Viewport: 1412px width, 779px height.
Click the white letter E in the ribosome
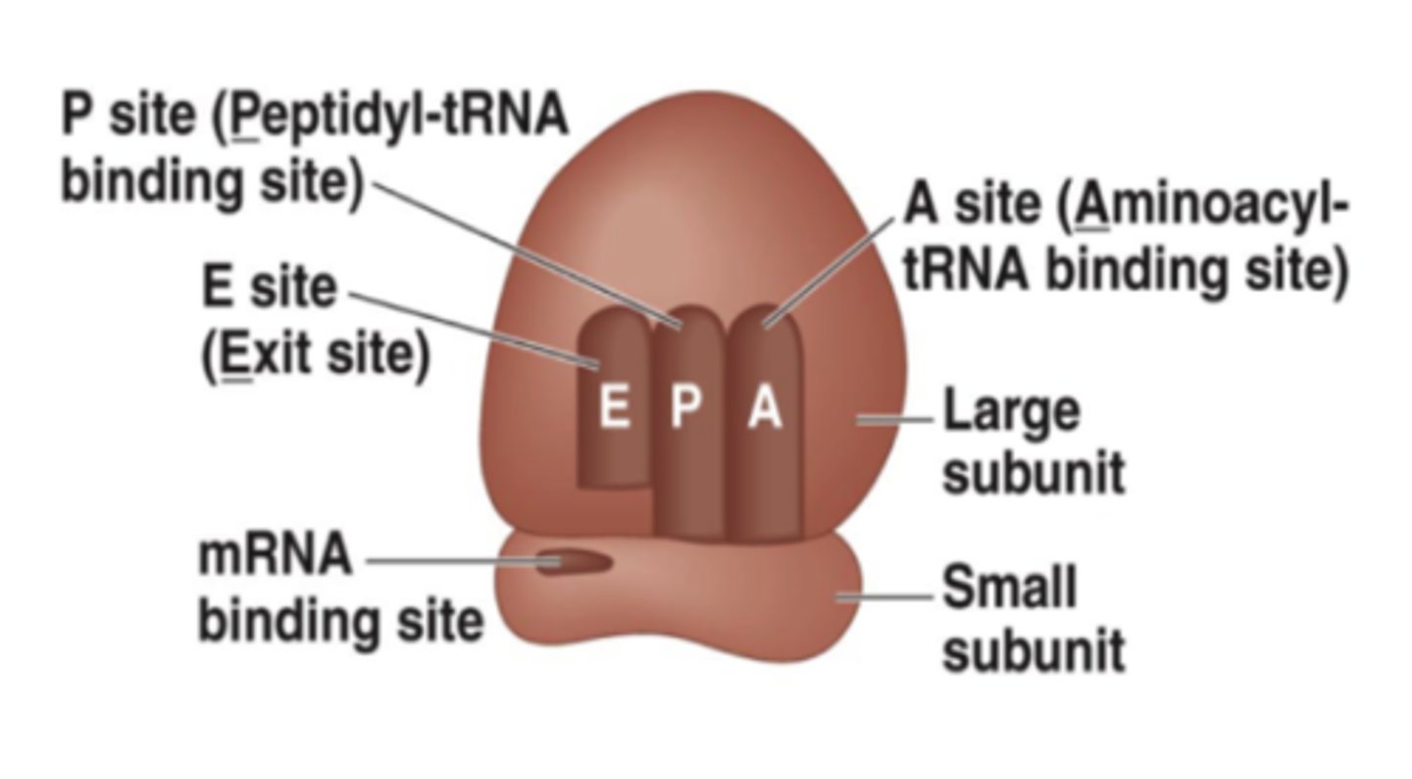[614, 407]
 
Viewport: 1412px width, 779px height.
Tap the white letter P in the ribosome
[686, 407]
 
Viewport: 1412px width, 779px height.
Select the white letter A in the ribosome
[765, 407]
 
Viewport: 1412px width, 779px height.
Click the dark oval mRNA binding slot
[574, 563]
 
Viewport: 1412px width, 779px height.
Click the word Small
[1010, 589]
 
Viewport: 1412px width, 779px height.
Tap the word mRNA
[276, 556]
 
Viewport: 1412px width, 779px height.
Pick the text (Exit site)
[316, 355]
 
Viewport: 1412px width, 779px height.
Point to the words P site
[128, 118]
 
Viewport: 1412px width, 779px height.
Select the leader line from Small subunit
[882, 596]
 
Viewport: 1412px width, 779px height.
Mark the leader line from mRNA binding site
[451, 562]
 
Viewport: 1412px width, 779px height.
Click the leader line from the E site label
[471, 328]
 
